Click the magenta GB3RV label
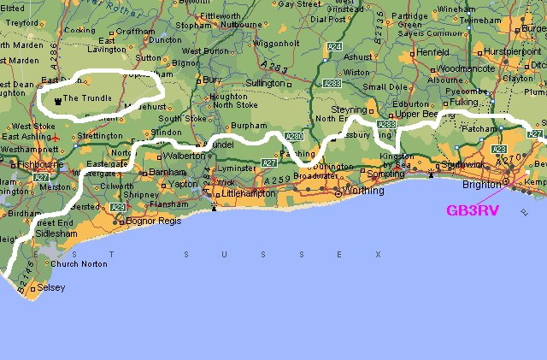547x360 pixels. (x=472, y=210)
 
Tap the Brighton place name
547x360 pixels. (x=479, y=184)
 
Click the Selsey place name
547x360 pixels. (x=50, y=288)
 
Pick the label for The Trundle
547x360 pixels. (x=88, y=100)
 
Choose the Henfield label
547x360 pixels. (x=432, y=51)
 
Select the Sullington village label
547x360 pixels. (x=265, y=84)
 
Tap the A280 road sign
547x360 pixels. (x=295, y=136)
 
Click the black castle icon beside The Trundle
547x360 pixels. (x=57, y=101)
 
